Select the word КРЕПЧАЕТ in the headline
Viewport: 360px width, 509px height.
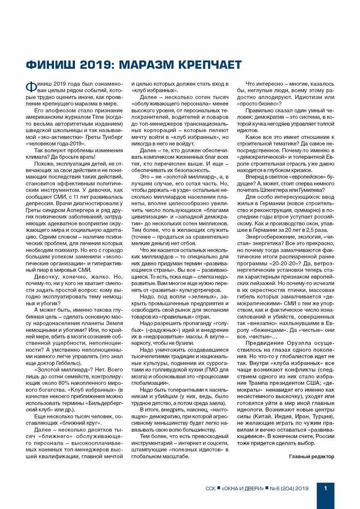tap(210, 65)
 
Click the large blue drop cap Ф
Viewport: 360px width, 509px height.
tap(31, 87)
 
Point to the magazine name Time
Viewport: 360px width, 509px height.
tap(98, 117)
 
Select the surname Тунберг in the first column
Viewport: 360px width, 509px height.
tap(112, 137)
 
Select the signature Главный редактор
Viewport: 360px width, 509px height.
tap(312, 456)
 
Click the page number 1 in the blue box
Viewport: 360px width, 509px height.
tap(325, 488)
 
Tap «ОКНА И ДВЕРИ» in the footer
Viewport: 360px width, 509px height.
tap(243, 488)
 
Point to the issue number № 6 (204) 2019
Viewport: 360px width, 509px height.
tap(289, 488)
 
